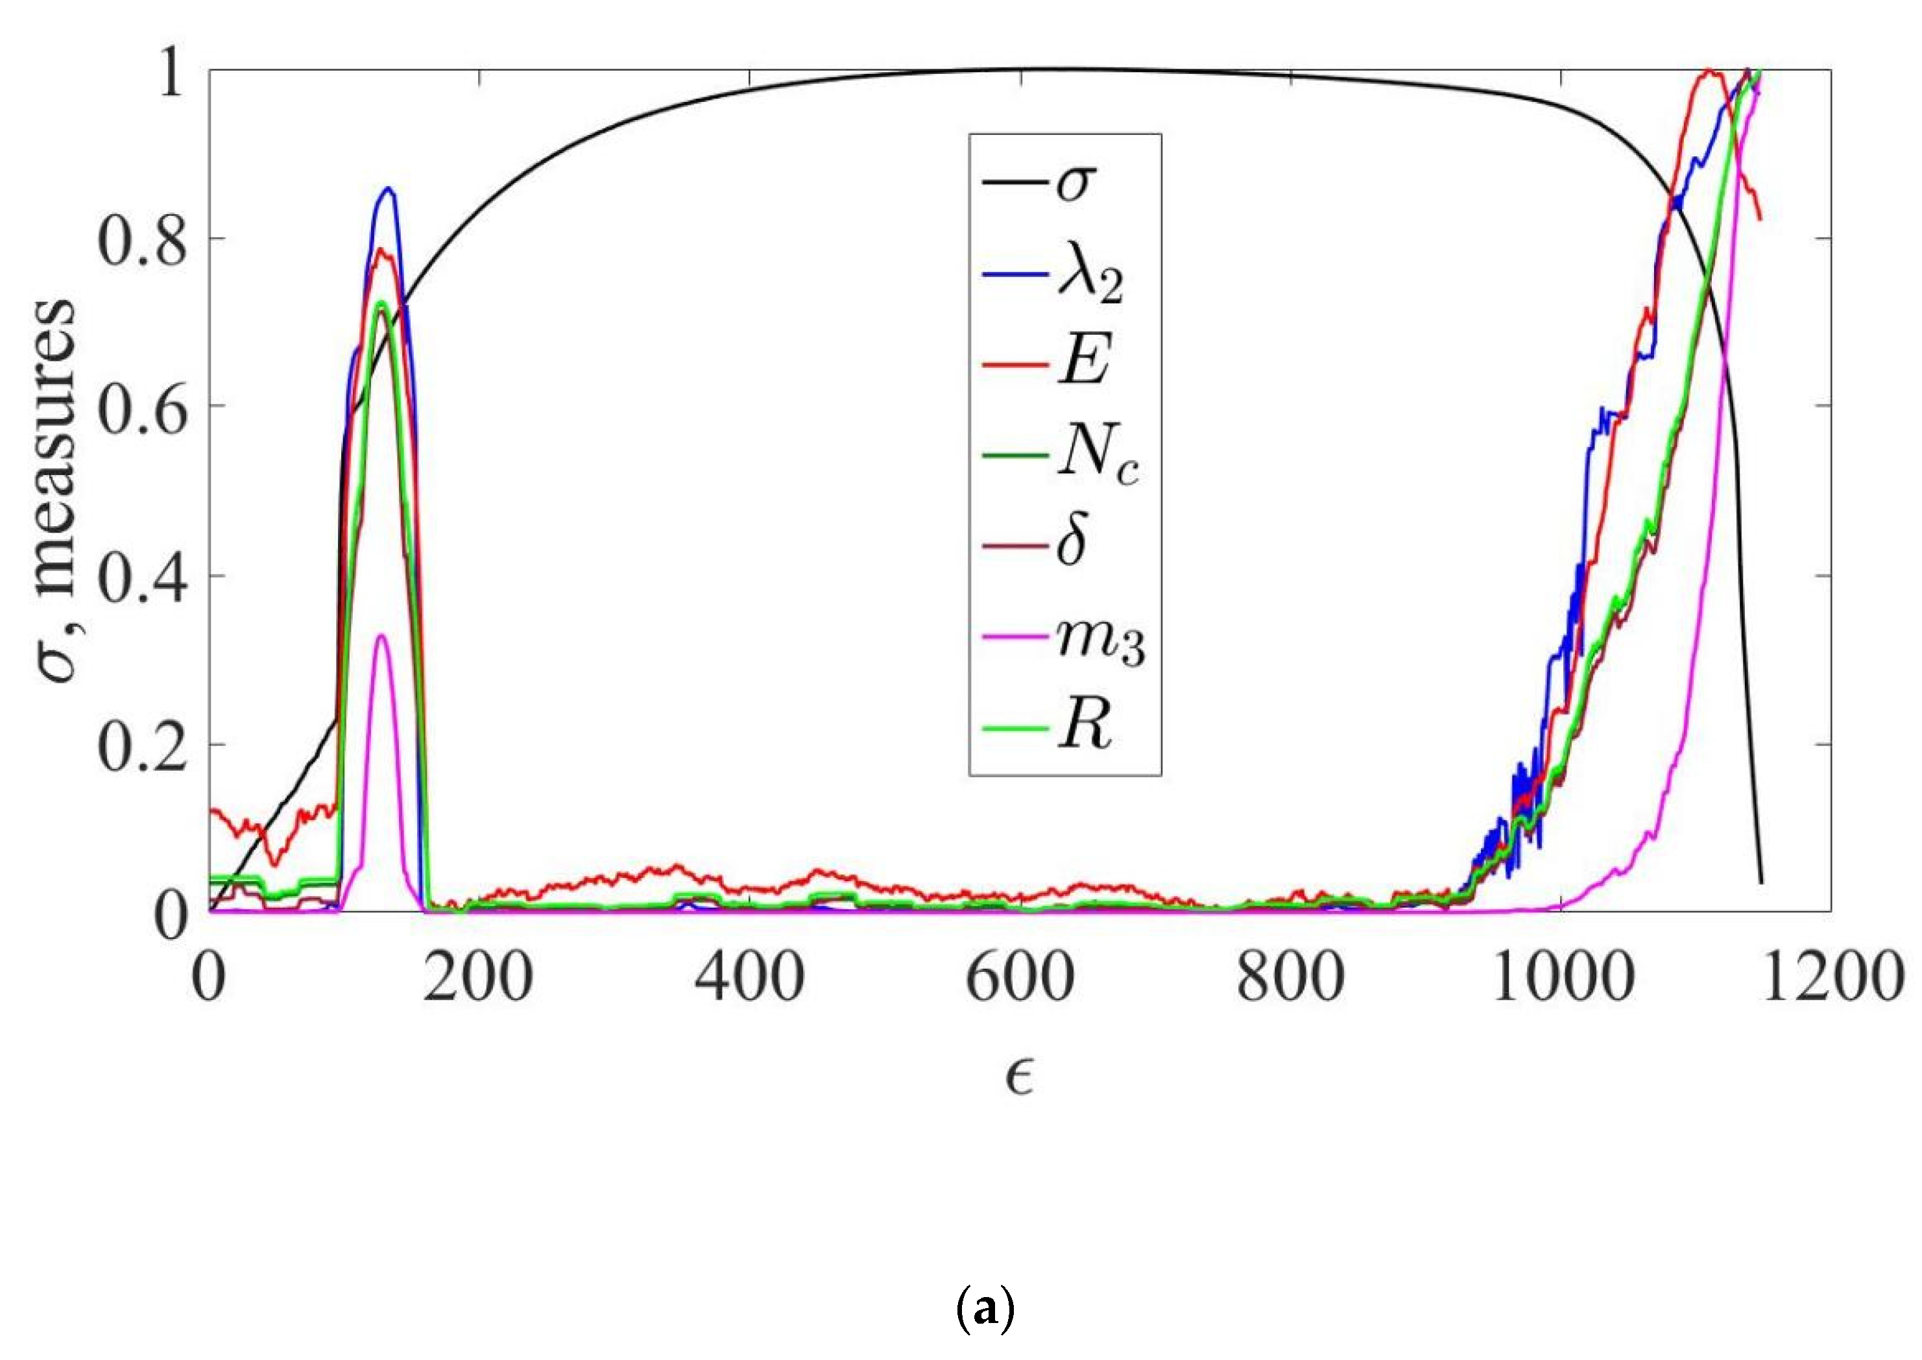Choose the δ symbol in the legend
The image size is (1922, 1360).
point(1072,542)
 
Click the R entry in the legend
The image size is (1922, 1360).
point(1085,727)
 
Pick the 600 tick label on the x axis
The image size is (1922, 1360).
point(1020,977)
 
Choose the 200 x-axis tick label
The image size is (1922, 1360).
point(478,977)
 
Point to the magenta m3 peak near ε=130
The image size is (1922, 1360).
point(381,636)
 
